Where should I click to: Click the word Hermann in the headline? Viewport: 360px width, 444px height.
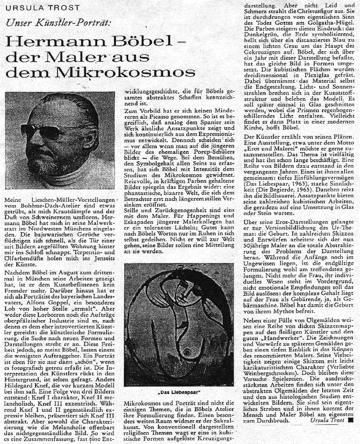click(x=53, y=43)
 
